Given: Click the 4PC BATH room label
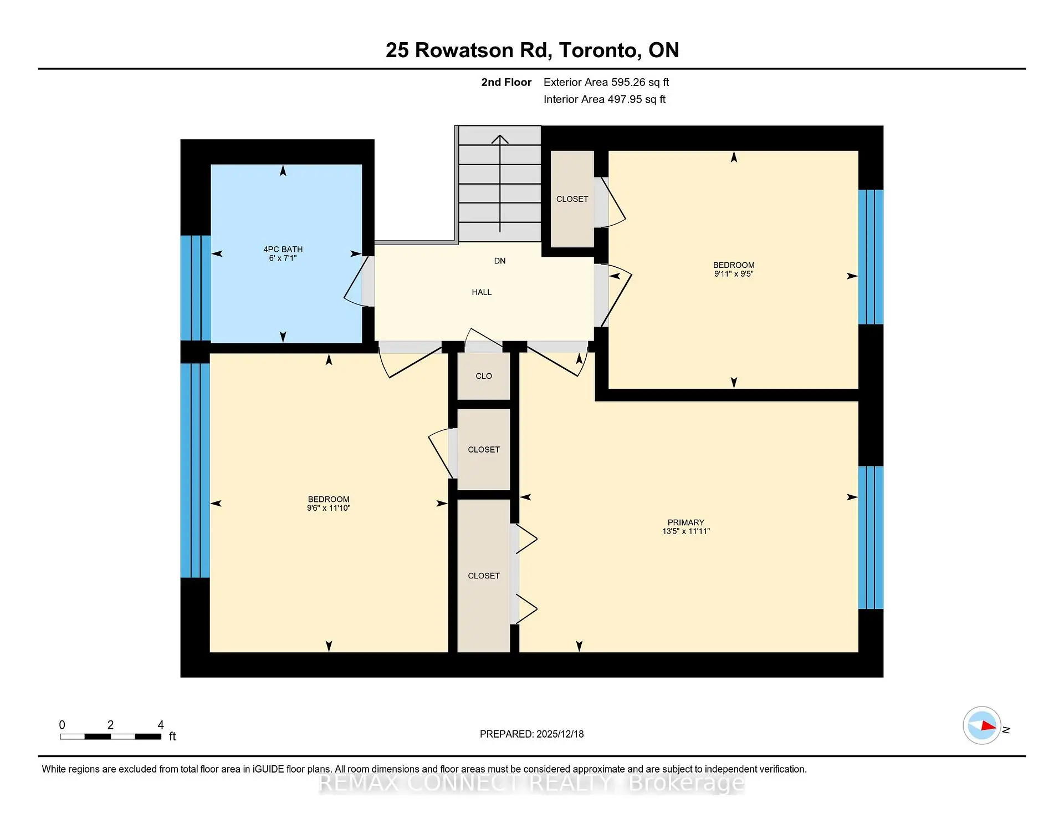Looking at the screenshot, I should (x=283, y=250).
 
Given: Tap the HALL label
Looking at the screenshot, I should (x=482, y=292).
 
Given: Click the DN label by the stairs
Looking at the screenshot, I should (x=499, y=261).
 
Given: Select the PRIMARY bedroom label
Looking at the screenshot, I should (x=686, y=522).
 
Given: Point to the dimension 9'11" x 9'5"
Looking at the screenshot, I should (x=733, y=274).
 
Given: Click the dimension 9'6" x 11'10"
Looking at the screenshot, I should (x=329, y=508).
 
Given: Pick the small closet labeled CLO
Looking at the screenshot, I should (x=483, y=376).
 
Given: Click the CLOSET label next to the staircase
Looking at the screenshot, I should (x=572, y=199).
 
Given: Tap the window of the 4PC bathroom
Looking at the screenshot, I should (x=196, y=287).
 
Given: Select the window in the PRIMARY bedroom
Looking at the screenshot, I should (x=870, y=537).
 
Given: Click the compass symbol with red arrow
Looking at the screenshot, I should (x=981, y=725).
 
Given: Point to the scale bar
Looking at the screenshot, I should (x=110, y=736).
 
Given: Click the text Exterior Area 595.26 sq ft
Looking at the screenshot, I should (x=606, y=82).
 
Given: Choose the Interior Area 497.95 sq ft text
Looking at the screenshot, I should (x=604, y=99).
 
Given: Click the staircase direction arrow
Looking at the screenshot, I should (x=500, y=183).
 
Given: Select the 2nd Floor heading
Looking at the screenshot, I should (x=506, y=82).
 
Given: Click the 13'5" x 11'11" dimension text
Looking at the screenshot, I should (x=686, y=531).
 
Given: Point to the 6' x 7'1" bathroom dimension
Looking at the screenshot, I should (x=283, y=258).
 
